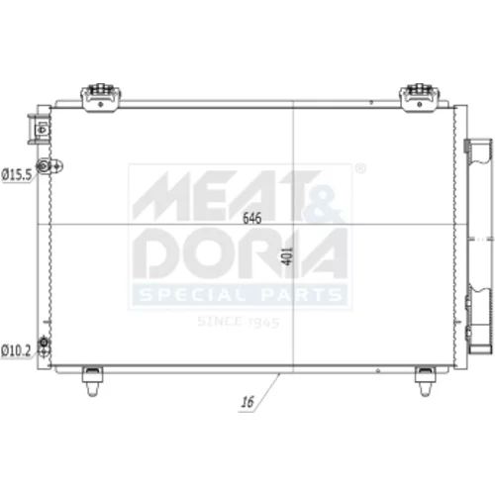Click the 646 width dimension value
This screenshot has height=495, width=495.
[251, 218]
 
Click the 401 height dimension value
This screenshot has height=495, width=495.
[287, 255]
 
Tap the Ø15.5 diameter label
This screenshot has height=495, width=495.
[17, 174]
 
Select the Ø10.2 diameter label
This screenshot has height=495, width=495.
[16, 350]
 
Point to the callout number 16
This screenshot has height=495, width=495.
[247, 402]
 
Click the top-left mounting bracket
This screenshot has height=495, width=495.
[101, 97]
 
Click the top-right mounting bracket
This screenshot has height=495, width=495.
[420, 97]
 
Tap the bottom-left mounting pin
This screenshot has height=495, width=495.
[92, 381]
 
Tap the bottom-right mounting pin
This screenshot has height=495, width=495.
[425, 381]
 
